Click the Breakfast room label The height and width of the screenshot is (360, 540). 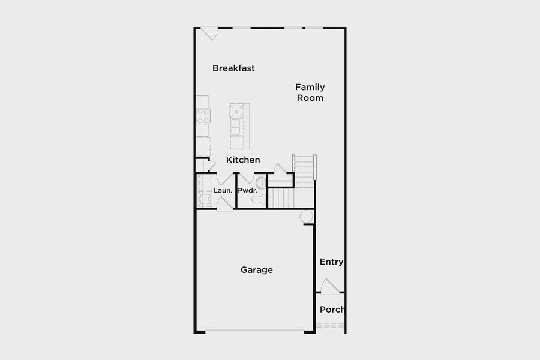point(233,68)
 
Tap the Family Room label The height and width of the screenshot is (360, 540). point(310,92)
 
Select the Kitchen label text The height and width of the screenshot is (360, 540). point(243,160)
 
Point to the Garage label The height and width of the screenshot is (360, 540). point(257,270)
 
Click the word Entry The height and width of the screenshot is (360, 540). point(331,262)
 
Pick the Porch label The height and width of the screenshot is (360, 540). point(332,310)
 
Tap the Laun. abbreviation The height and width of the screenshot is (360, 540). point(223,191)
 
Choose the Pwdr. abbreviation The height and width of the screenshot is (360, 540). point(248,191)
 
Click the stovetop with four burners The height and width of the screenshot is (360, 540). point(203,116)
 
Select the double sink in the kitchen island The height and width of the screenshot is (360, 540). point(236,127)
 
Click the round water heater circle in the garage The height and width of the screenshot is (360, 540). point(306,217)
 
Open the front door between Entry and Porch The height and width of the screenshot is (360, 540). point(329,287)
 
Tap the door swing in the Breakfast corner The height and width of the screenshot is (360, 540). point(209,34)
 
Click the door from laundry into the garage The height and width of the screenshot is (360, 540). point(224,203)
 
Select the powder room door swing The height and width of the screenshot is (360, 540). point(246,178)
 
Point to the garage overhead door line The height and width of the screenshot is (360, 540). point(254,329)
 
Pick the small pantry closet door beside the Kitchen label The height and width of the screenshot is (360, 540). point(211,166)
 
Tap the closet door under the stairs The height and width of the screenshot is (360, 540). point(280,169)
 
